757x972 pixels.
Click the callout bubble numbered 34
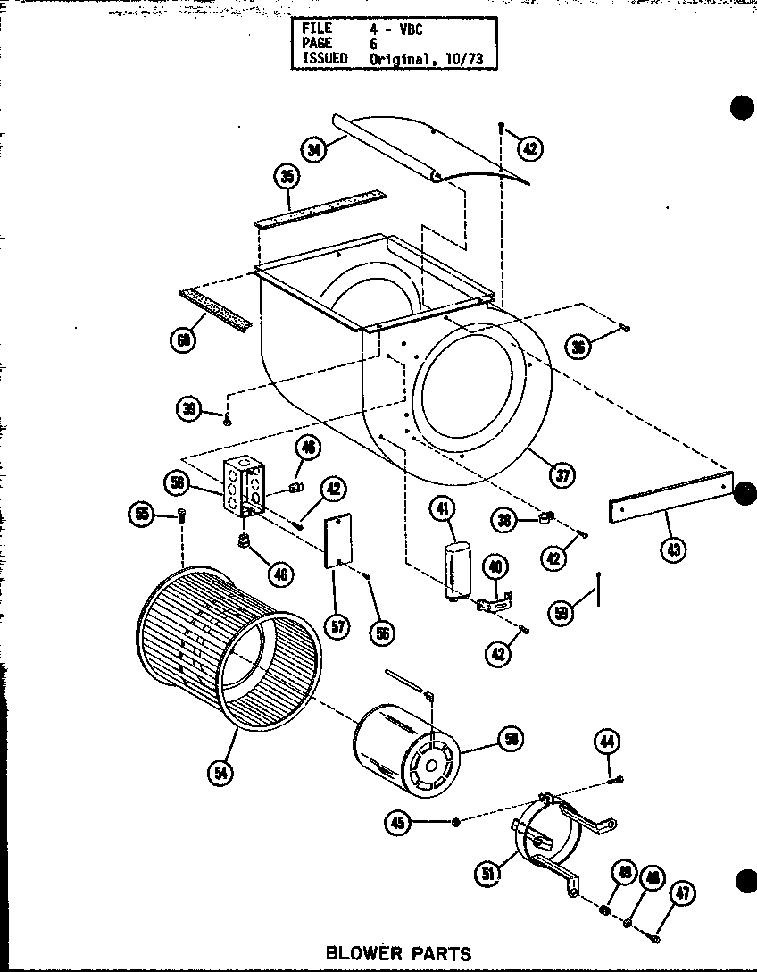313,150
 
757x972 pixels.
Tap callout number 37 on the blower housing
562,475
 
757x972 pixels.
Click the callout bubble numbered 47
684,892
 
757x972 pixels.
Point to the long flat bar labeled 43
670,498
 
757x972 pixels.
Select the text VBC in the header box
408,28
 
